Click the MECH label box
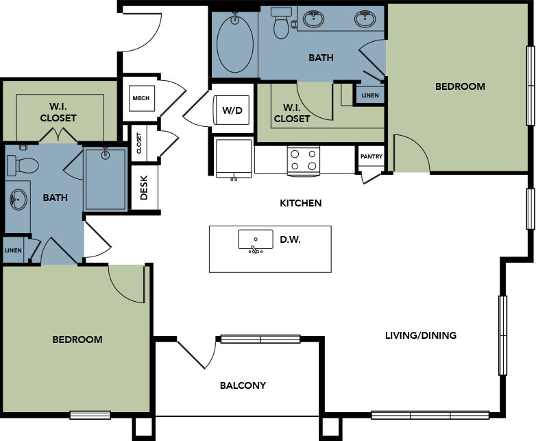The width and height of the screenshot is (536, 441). click(x=141, y=98)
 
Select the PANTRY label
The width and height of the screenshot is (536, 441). click(x=371, y=156)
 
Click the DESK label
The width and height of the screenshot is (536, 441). click(x=144, y=188)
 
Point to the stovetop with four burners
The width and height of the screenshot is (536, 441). click(x=304, y=160)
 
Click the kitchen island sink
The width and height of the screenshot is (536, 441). click(x=256, y=241)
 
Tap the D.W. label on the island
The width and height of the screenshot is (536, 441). click(x=290, y=239)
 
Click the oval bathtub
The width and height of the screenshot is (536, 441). click(x=235, y=43)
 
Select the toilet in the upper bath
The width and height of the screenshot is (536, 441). click(x=281, y=23)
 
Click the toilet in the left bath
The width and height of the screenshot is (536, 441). click(x=23, y=165)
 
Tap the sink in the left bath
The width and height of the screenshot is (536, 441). click(x=18, y=200)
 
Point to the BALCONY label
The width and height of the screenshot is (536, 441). click(x=243, y=385)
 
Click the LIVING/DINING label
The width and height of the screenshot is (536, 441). click(x=421, y=335)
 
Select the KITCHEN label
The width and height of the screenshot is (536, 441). click(x=301, y=203)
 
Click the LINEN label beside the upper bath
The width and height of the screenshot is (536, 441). click(x=370, y=95)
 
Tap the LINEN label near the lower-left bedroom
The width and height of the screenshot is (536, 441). click(x=13, y=250)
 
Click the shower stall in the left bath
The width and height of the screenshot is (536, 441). click(x=106, y=178)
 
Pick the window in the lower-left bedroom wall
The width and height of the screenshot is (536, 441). click(x=90, y=415)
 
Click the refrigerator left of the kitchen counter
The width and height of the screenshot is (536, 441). click(x=234, y=158)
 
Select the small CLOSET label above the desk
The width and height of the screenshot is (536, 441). click(x=138, y=143)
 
